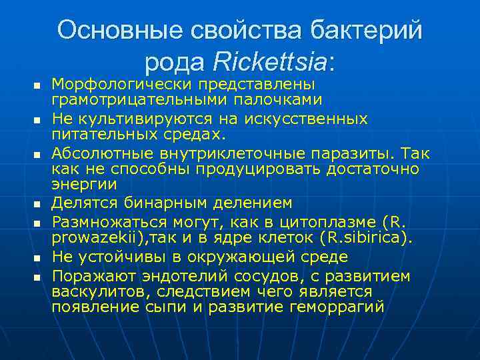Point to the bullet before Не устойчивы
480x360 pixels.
coord(37,257)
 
